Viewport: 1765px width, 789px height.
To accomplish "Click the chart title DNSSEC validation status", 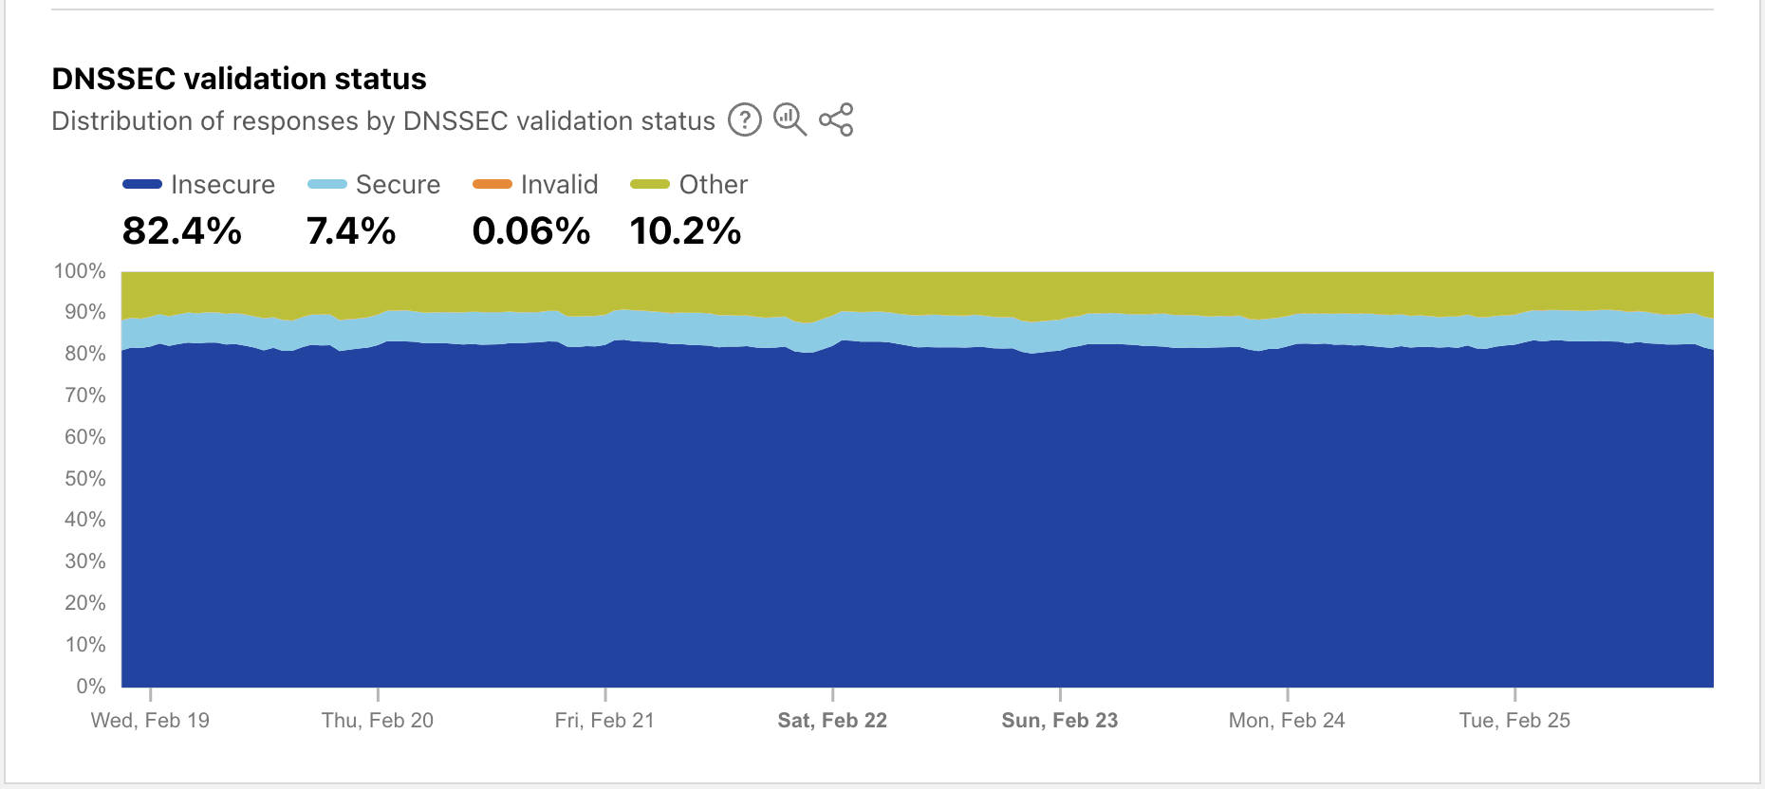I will pyautogui.click(x=239, y=79).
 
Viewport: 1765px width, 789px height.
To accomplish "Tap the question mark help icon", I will pyautogui.click(x=745, y=120).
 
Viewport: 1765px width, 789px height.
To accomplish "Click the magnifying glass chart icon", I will pyautogui.click(x=790, y=119).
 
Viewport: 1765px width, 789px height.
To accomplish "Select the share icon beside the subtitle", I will pyautogui.click(x=836, y=120).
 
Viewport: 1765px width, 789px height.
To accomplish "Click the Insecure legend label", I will pyautogui.click(x=223, y=184).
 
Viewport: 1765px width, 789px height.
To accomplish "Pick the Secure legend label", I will pyautogui.click(x=398, y=184).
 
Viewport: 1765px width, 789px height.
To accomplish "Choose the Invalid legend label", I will pyautogui.click(x=559, y=184).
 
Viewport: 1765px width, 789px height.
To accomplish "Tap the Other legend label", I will pyautogui.click(x=713, y=184).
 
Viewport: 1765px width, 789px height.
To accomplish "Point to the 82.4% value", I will pyautogui.click(x=182, y=230).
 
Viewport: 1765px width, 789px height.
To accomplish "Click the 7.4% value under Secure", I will pyautogui.click(x=351, y=230).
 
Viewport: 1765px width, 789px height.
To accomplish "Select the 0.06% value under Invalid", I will pyautogui.click(x=531, y=230).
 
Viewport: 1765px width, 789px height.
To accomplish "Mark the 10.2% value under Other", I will pyautogui.click(x=685, y=230).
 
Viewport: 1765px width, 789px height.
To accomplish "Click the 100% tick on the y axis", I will pyautogui.click(x=81, y=271).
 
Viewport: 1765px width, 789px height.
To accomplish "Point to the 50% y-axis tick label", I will pyautogui.click(x=84, y=479).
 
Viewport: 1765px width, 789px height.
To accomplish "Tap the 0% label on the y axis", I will pyautogui.click(x=90, y=687).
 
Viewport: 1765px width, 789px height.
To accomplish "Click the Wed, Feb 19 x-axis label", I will pyautogui.click(x=150, y=721).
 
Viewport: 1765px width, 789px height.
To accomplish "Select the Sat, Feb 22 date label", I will pyautogui.click(x=832, y=721).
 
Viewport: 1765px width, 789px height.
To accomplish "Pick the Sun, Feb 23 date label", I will pyautogui.click(x=1060, y=721).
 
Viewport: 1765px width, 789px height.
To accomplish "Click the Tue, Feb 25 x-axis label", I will pyautogui.click(x=1514, y=721).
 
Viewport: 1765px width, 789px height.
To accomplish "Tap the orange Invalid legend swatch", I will pyautogui.click(x=492, y=184).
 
